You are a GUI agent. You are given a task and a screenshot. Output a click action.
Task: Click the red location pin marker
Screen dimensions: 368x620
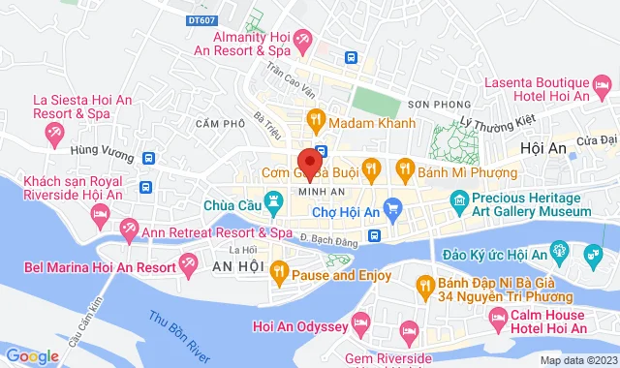click(309, 162)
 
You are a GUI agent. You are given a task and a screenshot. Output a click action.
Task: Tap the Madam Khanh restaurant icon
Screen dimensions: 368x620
click(315, 122)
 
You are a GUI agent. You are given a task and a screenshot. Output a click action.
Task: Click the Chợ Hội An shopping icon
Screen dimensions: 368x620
click(392, 205)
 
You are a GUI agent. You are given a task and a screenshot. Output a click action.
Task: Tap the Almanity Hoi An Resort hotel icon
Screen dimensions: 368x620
click(303, 41)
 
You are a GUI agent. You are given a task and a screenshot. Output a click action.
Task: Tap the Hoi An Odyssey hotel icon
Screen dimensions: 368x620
click(362, 321)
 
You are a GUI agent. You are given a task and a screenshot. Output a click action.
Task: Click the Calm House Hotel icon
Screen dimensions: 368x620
click(497, 318)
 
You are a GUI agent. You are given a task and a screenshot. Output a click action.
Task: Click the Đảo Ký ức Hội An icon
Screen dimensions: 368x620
click(558, 254)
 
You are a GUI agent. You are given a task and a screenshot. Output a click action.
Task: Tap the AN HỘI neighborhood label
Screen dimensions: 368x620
click(237, 266)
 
